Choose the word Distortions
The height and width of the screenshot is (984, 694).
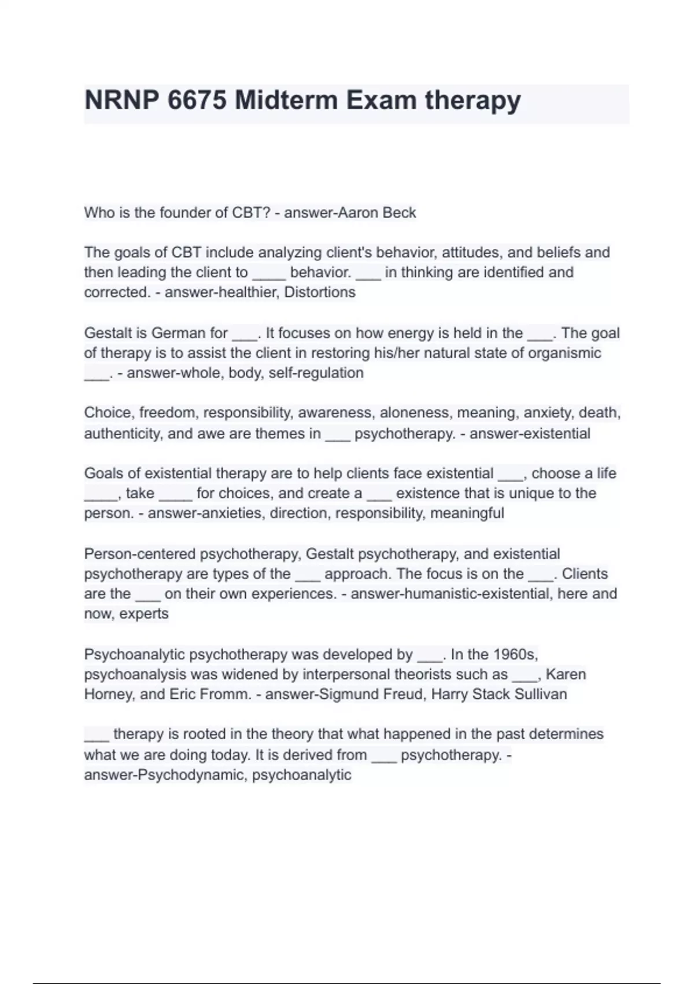click(320, 292)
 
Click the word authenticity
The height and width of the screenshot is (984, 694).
click(121, 434)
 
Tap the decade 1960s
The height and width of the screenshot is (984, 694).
click(515, 655)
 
